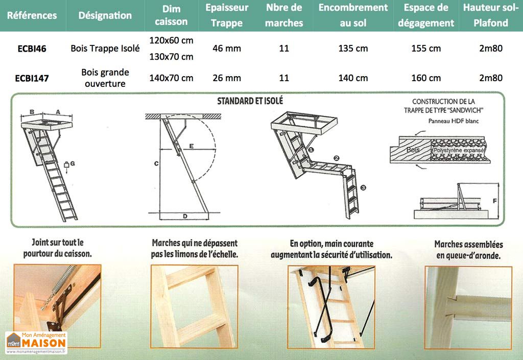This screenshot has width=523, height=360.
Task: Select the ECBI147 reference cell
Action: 32,78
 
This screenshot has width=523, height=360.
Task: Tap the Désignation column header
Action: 105,15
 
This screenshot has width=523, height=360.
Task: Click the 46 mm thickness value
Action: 226,49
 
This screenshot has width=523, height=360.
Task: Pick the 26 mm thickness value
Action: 226,78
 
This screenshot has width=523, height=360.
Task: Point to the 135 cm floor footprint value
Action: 353,49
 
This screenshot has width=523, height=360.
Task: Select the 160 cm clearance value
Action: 426,78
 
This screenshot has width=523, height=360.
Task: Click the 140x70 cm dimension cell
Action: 171,78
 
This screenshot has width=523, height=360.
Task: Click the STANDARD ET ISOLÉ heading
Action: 250,101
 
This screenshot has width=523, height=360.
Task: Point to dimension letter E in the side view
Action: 191,146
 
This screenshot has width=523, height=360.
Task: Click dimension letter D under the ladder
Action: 185,216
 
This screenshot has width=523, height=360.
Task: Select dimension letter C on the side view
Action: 156,163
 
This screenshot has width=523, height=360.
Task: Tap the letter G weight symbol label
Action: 73,163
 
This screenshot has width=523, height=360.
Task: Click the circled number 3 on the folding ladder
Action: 363,188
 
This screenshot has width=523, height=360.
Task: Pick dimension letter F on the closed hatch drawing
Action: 494,201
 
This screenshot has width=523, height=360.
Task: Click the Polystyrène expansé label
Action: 458,151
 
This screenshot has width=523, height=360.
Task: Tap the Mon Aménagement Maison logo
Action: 36,343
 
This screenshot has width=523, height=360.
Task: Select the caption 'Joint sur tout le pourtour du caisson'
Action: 57,248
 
